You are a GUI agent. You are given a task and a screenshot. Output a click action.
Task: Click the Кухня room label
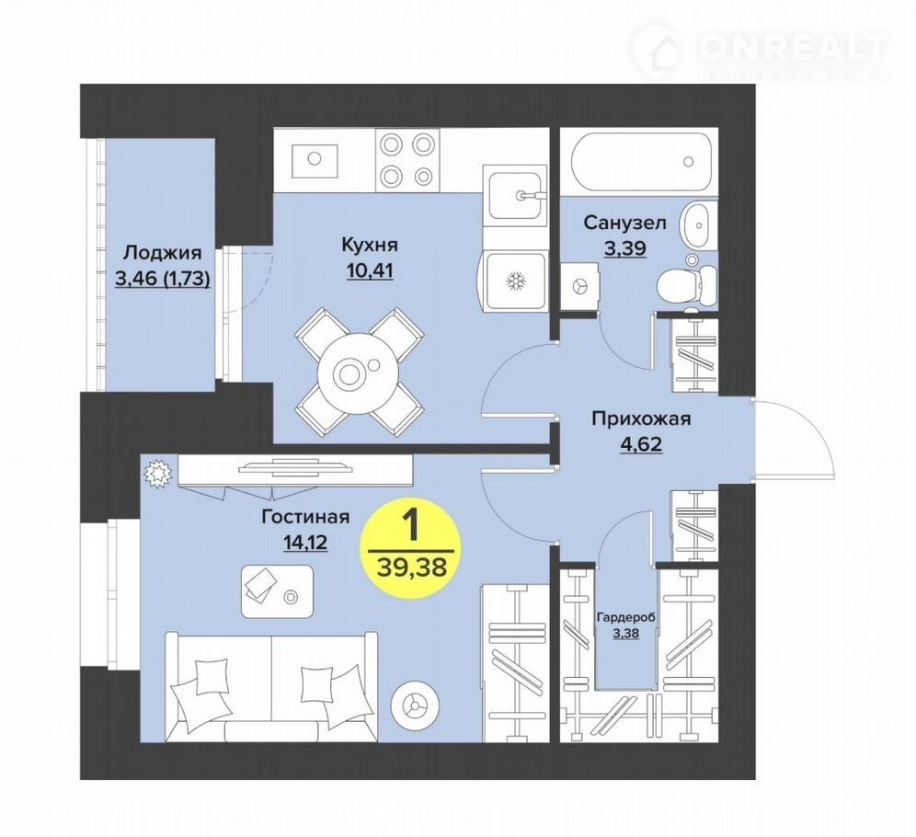point(369,245)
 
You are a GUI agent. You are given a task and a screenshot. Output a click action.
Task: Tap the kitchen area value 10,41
point(369,270)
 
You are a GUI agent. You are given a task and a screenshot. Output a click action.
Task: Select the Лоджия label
point(163,253)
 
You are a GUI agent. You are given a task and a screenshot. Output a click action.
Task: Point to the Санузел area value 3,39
point(624,248)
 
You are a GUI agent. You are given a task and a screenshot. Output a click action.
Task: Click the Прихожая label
point(641,418)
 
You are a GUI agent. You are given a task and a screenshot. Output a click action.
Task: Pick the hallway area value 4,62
point(641,444)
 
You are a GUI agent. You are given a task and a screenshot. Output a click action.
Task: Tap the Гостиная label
point(305,517)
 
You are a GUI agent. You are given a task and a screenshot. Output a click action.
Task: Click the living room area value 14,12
point(305,544)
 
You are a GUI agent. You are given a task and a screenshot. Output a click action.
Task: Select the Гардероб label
point(625,618)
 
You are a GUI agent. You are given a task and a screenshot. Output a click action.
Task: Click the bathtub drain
point(688,161)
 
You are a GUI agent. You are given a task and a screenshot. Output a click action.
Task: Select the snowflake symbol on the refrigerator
point(515,281)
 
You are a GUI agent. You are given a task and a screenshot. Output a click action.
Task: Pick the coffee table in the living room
point(277,591)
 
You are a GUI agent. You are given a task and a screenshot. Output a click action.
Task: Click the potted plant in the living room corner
point(156,473)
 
